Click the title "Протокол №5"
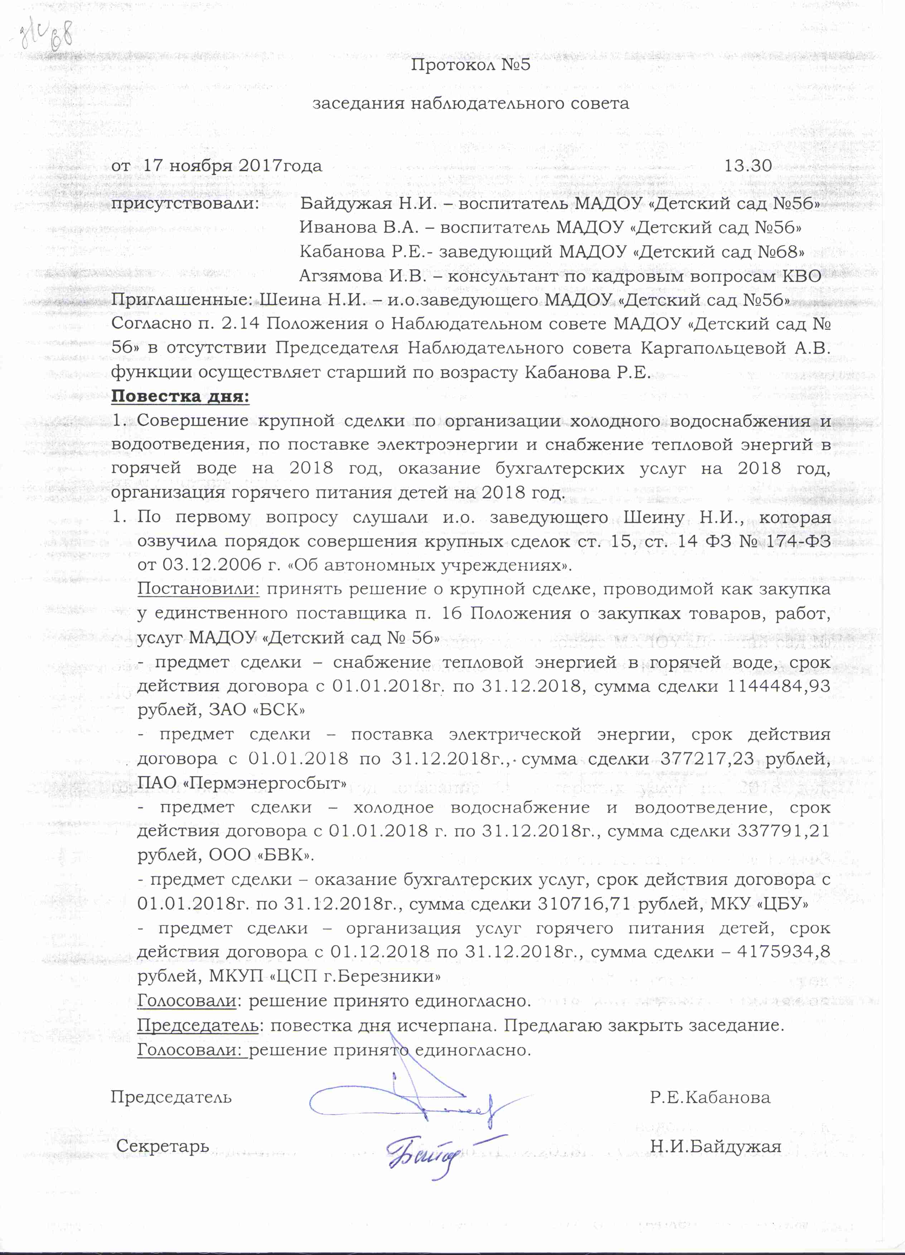(470, 65)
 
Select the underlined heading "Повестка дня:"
(180, 396)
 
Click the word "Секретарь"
(162, 1146)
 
